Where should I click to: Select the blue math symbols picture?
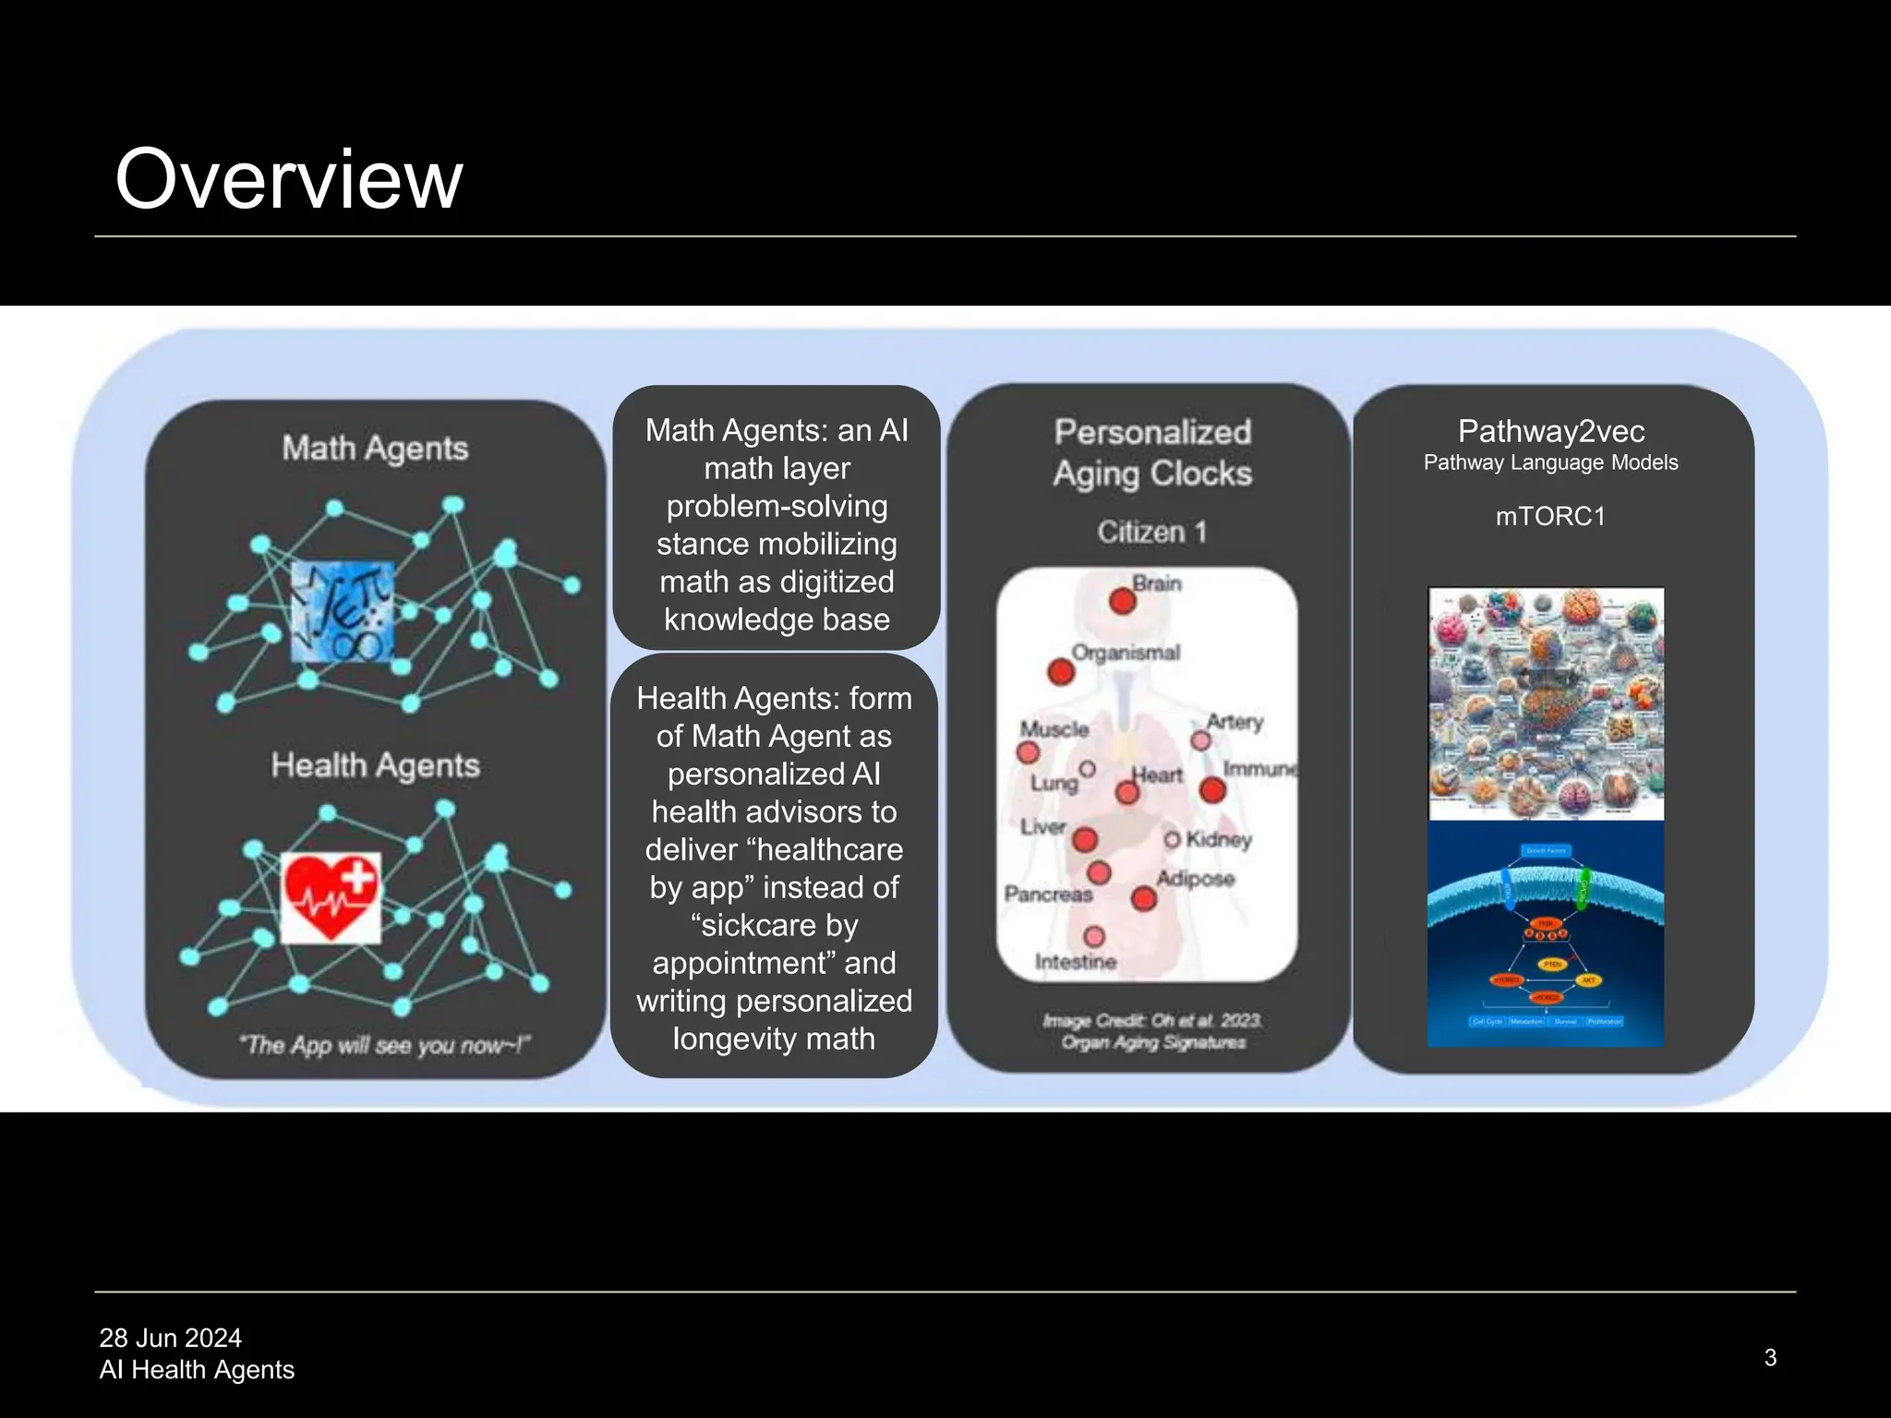(343, 612)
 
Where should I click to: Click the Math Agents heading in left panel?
(375, 449)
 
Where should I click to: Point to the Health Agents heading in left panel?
(375, 765)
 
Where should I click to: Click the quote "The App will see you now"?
(383, 1045)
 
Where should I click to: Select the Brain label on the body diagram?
(1157, 583)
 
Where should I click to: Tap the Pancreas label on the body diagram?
(1048, 894)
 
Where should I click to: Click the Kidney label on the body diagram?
(1219, 839)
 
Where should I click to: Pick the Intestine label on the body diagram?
(1076, 962)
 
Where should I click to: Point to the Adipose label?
(1196, 878)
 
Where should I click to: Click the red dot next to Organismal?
(1061, 671)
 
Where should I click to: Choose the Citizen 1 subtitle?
(1151, 532)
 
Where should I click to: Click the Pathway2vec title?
(1551, 431)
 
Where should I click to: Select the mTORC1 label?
(1550, 516)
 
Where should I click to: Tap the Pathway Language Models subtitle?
(1550, 463)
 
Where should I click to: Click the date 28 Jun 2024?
(171, 1338)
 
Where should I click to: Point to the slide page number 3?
(1770, 1357)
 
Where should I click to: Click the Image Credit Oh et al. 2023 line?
(1152, 1020)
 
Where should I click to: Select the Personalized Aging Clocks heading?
(1152, 452)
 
